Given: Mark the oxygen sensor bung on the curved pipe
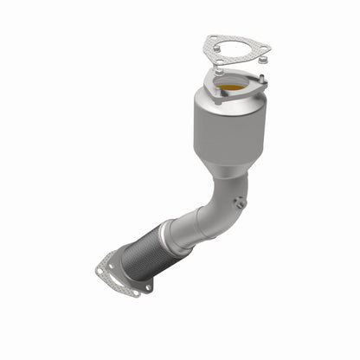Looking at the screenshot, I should coord(241,201).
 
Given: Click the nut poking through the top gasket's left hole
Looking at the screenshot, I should coord(210,40).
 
